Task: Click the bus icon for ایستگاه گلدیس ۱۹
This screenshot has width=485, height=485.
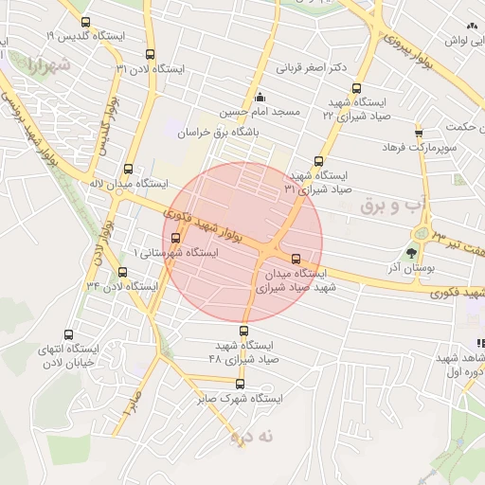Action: (86, 22)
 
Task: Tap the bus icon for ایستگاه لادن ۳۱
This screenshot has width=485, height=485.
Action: (151, 55)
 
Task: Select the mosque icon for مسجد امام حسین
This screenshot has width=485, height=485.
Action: (260, 97)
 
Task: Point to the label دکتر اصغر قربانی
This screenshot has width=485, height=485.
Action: (310, 68)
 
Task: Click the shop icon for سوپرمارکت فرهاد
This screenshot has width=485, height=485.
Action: (419, 133)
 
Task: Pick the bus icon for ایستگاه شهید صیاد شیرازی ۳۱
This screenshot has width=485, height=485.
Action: (318, 161)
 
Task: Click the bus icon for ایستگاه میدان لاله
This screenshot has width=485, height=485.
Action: (128, 169)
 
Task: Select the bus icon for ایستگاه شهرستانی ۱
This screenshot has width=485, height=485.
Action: (173, 238)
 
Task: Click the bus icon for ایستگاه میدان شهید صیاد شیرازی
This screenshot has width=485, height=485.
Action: (296, 258)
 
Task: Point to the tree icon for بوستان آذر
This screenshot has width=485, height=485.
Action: (411, 253)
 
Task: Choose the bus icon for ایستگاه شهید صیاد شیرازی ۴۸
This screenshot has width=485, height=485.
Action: (244, 331)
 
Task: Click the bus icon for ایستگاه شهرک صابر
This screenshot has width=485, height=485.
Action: (240, 384)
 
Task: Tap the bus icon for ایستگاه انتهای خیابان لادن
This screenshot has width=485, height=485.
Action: (68, 334)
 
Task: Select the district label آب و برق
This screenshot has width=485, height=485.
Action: (387, 203)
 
